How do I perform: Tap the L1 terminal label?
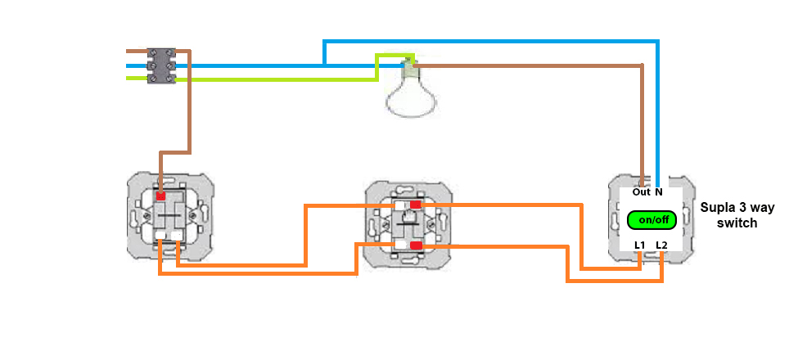(x=640, y=245)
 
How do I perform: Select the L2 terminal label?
(x=661, y=245)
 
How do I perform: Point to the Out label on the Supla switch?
(x=641, y=192)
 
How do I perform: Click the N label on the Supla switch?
(x=659, y=192)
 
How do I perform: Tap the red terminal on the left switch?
(x=161, y=196)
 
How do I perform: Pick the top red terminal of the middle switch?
(x=417, y=204)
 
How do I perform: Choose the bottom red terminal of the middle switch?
(x=417, y=245)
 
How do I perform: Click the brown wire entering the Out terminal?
(x=642, y=131)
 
